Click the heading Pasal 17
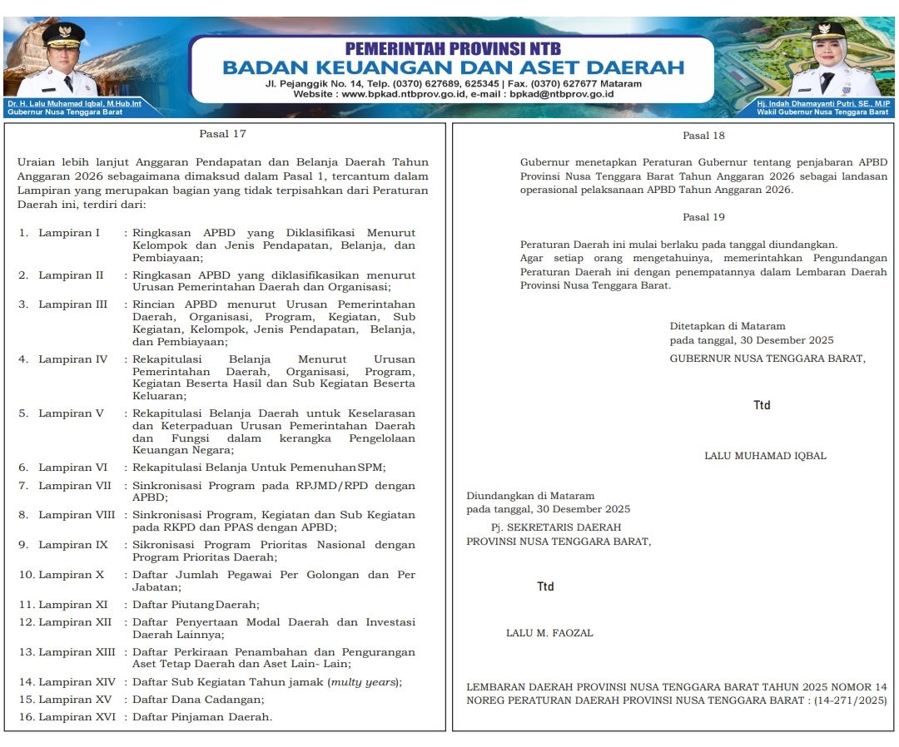pos(222,133)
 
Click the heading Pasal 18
pos(703,136)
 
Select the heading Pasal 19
pos(703,217)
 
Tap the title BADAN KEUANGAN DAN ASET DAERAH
pos(453,67)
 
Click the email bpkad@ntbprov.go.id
pos(562,94)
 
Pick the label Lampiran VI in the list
pos(72,467)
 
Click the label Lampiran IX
pos(72,545)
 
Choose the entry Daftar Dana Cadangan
pos(198,700)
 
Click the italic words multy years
pos(364,682)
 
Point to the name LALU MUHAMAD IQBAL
pos(765,456)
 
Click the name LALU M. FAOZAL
pos(549,633)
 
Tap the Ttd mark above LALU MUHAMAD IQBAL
pos(762,406)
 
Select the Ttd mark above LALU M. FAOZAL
pos(545,586)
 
